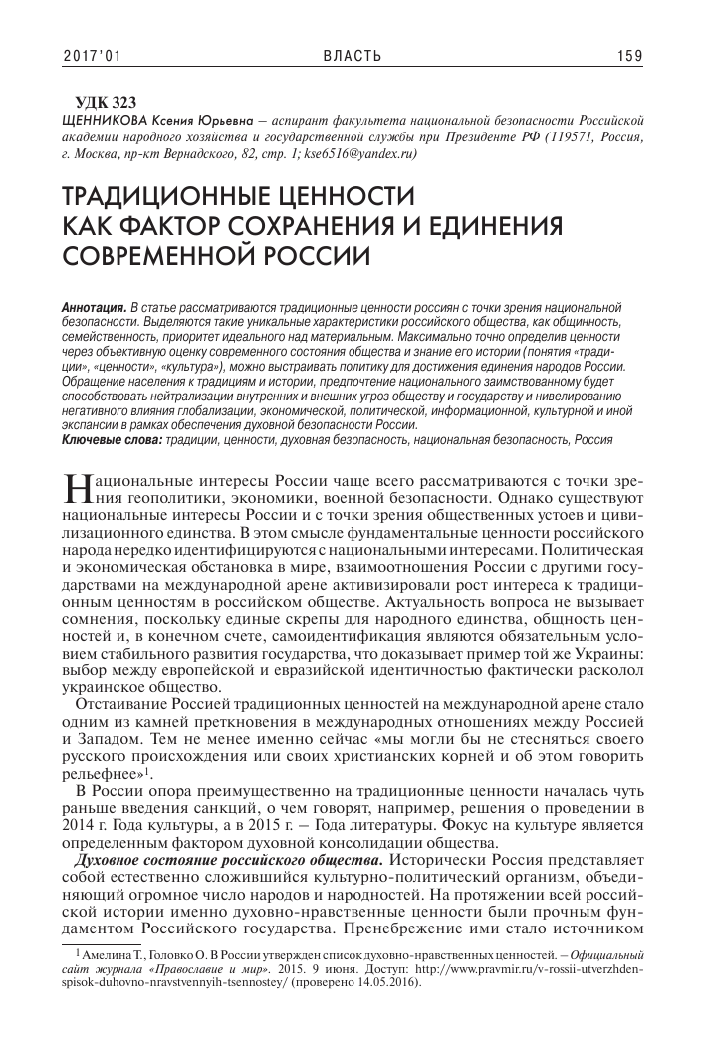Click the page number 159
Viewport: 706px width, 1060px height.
pos(630,56)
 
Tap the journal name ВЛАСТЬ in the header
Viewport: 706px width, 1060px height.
pos(353,56)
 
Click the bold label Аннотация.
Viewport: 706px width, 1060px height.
pos(93,301)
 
